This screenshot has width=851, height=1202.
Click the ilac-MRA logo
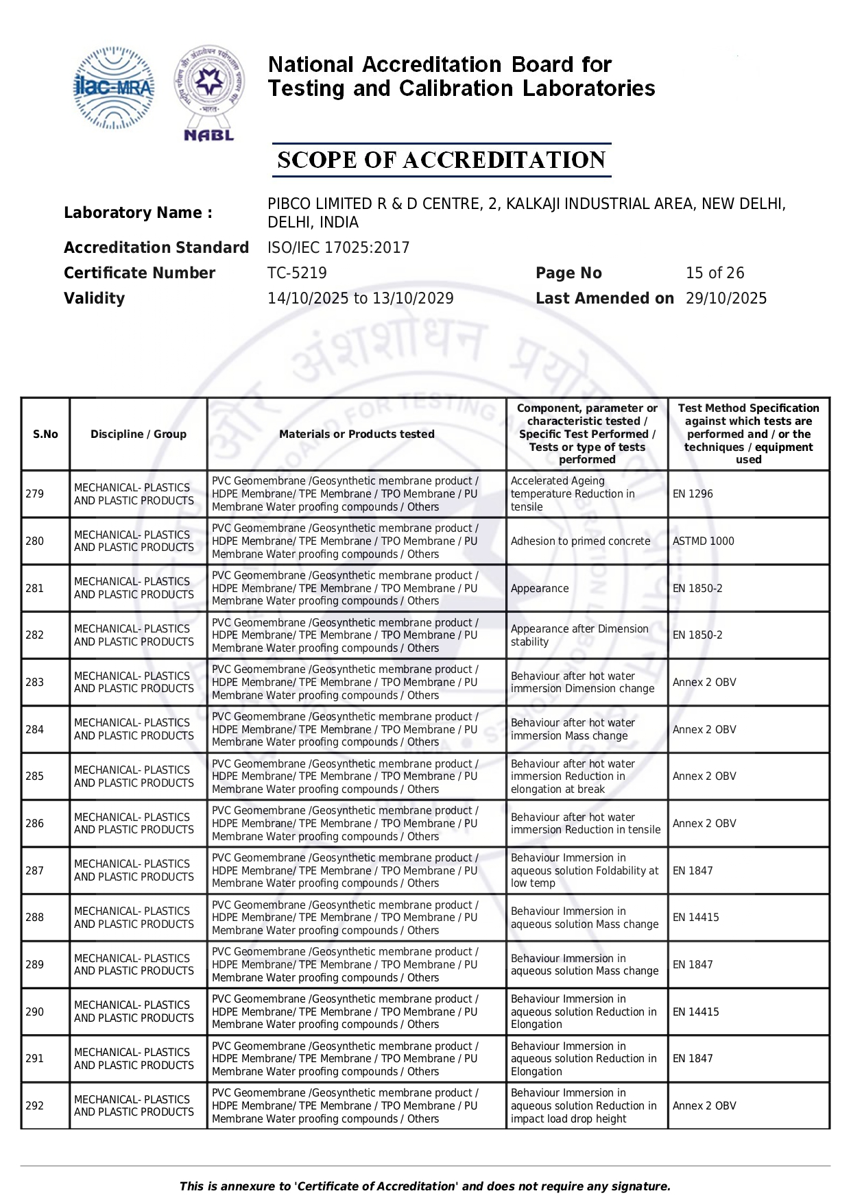[x=113, y=88]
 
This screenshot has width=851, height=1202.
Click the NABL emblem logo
[x=209, y=93]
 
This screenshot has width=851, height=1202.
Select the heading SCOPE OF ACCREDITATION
[x=441, y=160]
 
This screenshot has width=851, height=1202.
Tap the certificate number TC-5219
[x=297, y=273]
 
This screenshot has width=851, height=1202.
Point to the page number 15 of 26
[x=715, y=273]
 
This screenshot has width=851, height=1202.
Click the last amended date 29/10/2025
[x=726, y=298]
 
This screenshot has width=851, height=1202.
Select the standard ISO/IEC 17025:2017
[x=338, y=247]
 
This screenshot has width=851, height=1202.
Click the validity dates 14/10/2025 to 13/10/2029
[x=360, y=298]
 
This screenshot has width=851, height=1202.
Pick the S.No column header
[x=45, y=434]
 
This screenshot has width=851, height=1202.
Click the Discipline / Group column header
[x=139, y=434]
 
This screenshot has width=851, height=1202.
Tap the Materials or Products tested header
[x=357, y=434]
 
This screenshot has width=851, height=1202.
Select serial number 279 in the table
[x=35, y=493]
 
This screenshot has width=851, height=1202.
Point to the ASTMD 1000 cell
[x=703, y=541]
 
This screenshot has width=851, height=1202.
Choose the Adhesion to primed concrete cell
[x=580, y=541]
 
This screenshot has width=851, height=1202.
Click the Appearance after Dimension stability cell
[x=579, y=635]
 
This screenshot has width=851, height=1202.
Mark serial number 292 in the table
[x=35, y=1105]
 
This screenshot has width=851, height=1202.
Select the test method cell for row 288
[x=695, y=917]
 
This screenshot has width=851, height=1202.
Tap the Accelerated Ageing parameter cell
[x=573, y=493]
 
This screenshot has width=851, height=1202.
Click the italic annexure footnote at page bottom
[x=425, y=1186]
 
